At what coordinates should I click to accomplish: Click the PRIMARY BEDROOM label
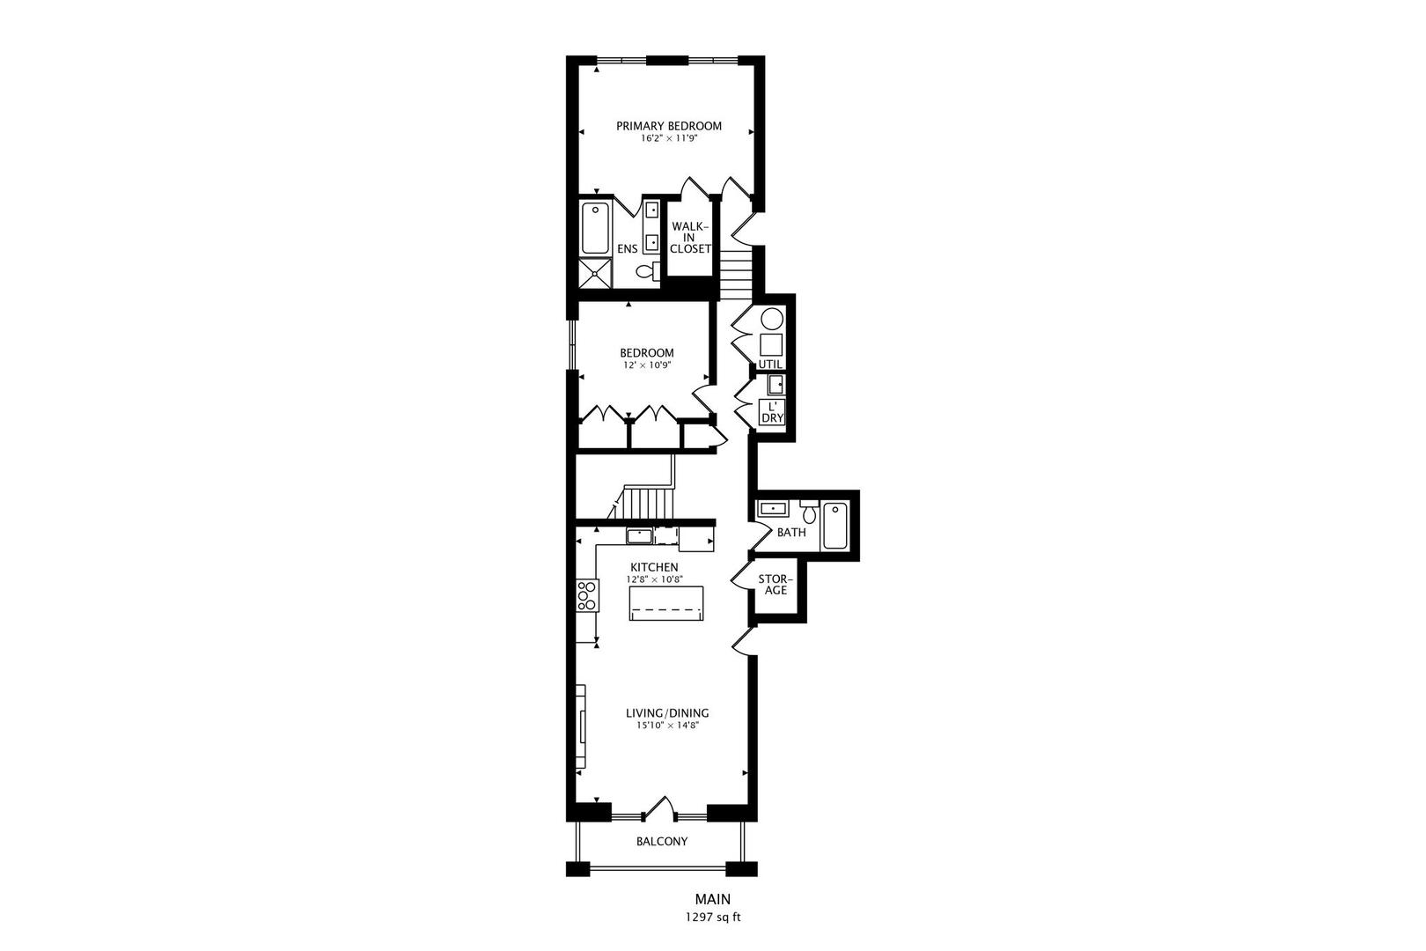point(668,126)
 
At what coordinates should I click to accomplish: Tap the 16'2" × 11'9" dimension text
point(668,138)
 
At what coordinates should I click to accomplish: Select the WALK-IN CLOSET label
point(690,238)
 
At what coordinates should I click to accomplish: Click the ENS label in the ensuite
point(627,249)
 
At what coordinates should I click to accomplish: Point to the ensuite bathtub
point(596,228)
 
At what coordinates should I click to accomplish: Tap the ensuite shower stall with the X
point(596,272)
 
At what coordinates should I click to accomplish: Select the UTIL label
point(770,364)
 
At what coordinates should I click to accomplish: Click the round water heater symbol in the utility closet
point(772,319)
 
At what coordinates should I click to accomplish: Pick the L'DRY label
point(772,412)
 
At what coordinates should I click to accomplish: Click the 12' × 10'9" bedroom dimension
point(647,365)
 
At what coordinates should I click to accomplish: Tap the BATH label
point(791,533)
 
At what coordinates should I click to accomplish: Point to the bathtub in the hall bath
point(834,526)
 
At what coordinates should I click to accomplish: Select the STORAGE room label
point(775,585)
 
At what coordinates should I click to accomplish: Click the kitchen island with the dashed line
point(667,604)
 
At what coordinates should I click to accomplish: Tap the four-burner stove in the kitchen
point(586,595)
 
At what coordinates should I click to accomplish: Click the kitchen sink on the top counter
point(640,535)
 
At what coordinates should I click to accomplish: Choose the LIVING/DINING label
point(667,713)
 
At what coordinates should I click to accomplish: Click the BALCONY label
point(662,842)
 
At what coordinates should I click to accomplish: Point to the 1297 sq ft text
point(713,917)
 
